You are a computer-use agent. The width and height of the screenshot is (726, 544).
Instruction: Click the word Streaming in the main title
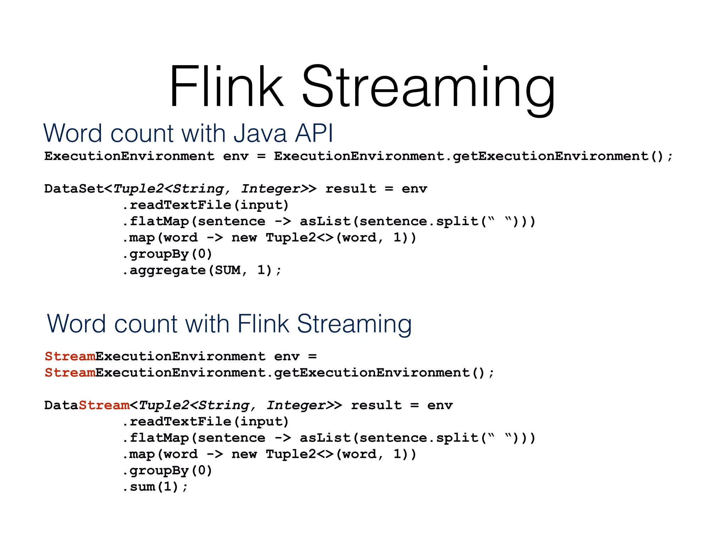(428, 89)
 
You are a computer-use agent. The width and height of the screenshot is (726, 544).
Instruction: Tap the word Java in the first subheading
(260, 134)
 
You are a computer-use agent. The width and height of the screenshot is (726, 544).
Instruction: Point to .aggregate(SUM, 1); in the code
(202, 271)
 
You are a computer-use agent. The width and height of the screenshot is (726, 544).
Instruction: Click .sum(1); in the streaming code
(155, 487)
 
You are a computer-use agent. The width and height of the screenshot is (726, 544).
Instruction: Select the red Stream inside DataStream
(104, 405)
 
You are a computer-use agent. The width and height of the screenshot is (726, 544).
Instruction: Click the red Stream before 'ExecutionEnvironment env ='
(70, 356)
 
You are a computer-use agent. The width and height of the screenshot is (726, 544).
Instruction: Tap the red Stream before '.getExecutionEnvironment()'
(70, 373)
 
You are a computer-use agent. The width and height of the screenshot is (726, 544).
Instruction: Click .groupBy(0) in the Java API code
(167, 254)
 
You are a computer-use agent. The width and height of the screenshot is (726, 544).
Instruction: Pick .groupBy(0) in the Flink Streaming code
(167, 471)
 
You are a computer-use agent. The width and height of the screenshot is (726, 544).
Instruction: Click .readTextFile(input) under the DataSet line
(206, 205)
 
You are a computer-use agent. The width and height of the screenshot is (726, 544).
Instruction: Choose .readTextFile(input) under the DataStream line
(206, 422)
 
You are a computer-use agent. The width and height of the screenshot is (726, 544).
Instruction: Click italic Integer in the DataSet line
(270, 189)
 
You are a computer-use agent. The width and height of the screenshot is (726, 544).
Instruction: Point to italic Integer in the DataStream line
(296, 405)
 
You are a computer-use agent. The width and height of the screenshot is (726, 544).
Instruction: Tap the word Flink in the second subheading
(263, 324)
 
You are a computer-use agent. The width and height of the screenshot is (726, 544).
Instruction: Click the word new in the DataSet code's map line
(244, 238)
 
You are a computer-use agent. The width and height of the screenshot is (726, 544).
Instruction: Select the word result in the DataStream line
(376, 405)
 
